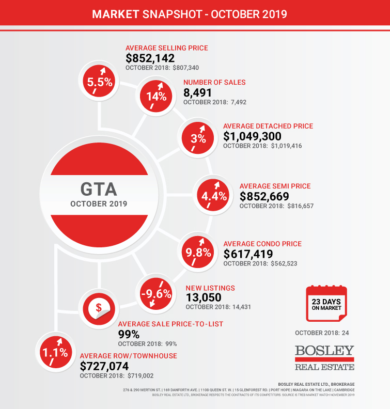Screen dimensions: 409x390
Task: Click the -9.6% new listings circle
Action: coord(155,294)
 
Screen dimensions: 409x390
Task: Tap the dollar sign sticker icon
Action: coord(99,308)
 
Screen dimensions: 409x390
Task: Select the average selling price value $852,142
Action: coord(150,58)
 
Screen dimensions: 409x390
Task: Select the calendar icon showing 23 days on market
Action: coord(326,303)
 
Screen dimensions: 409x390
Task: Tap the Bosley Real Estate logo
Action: coord(324,357)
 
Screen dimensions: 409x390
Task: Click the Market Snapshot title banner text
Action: coord(190,13)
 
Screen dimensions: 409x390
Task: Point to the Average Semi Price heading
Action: coord(275,186)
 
